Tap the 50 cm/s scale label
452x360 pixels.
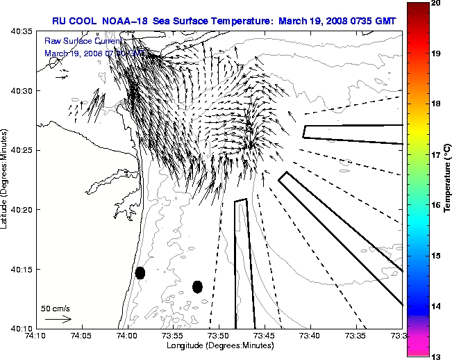(x=56, y=308)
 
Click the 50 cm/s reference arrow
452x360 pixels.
(x=58, y=320)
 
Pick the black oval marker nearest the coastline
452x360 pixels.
(x=140, y=272)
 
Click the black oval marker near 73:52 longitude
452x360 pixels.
(x=197, y=286)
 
